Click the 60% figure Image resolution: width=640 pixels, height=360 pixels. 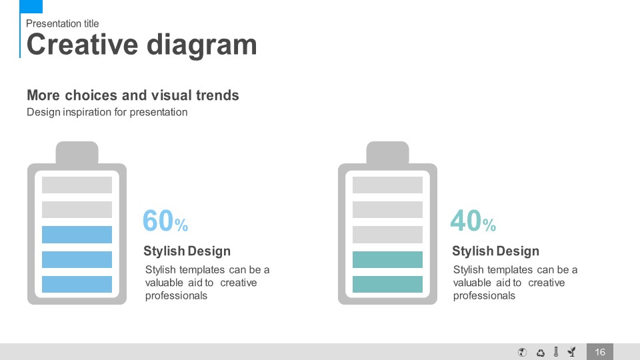[165, 221]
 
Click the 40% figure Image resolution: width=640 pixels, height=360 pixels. [473, 221]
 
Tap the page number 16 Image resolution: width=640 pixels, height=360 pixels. [599, 352]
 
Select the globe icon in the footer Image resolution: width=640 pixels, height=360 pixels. [522, 352]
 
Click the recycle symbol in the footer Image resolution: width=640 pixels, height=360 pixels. [541, 352]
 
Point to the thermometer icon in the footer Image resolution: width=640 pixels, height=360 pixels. [556, 352]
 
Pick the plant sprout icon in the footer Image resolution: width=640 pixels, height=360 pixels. [572, 351]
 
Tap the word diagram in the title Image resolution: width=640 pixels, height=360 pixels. [201, 45]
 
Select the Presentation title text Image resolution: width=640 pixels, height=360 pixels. [63, 24]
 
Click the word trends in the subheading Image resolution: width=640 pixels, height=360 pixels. [217, 95]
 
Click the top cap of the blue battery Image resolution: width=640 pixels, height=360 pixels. [77, 153]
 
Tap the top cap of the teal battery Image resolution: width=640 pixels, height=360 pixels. [387, 153]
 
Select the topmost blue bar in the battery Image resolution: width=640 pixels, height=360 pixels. [77, 235]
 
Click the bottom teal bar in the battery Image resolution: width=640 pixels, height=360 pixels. [387, 284]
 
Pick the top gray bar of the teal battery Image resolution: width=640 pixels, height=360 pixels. [387, 185]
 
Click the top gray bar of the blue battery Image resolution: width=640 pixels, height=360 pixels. [77, 185]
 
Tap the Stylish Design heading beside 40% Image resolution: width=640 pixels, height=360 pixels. [495, 251]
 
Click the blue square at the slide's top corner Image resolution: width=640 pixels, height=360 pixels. [31, 6]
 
